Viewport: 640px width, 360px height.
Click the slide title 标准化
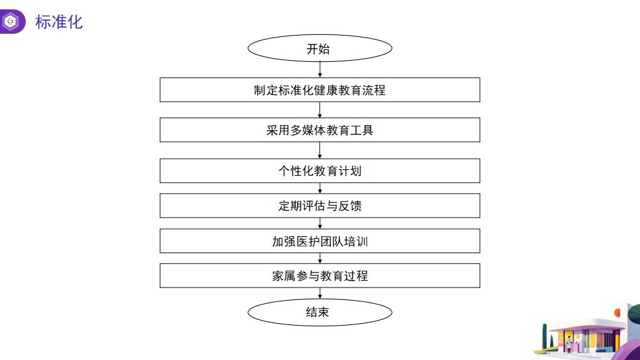click(x=59, y=22)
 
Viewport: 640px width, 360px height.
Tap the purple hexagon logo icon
click(x=11, y=22)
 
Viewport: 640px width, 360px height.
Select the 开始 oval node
click(x=319, y=49)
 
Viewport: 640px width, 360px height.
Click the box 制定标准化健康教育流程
click(x=319, y=90)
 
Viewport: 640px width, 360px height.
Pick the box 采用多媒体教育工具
click(x=319, y=130)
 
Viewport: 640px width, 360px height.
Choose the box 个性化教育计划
click(x=319, y=171)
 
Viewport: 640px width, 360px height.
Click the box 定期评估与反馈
click(x=319, y=206)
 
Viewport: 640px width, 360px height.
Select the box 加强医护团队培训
click(x=319, y=241)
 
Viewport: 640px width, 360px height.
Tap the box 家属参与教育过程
click(x=319, y=276)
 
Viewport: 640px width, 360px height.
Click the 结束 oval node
click(x=319, y=312)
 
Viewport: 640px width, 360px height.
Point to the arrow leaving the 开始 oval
click(x=320, y=70)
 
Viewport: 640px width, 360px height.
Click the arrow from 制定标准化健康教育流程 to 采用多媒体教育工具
click(x=320, y=110)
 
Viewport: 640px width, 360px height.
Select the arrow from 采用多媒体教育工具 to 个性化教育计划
click(x=320, y=150)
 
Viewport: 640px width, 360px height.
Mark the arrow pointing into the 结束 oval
click(x=320, y=294)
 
